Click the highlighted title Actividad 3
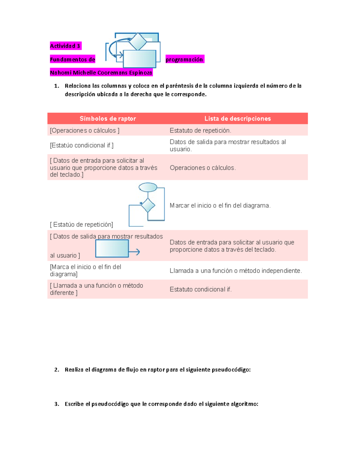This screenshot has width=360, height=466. [x=65, y=46]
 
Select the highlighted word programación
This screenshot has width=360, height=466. [x=184, y=59]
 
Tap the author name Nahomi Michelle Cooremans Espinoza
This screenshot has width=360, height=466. [x=101, y=73]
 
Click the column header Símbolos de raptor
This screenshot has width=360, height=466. [x=108, y=119]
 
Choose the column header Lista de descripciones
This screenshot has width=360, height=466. [x=237, y=119]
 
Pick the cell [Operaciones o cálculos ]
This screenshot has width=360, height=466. [x=85, y=131]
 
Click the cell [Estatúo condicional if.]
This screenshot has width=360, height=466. [x=82, y=146]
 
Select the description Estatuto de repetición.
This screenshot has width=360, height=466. [x=200, y=131]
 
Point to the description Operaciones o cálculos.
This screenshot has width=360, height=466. [x=202, y=168]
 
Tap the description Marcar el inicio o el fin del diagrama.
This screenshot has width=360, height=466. [x=220, y=206]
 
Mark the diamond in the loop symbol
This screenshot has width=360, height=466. [x=148, y=205]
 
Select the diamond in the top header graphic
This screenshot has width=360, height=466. [x=138, y=41]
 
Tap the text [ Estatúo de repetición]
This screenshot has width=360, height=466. [x=82, y=224]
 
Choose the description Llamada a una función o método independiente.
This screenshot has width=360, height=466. [x=235, y=271]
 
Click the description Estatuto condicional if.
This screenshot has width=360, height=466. [x=200, y=289]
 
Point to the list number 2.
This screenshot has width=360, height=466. [x=56, y=370]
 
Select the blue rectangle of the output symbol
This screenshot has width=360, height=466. [x=112, y=248]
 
